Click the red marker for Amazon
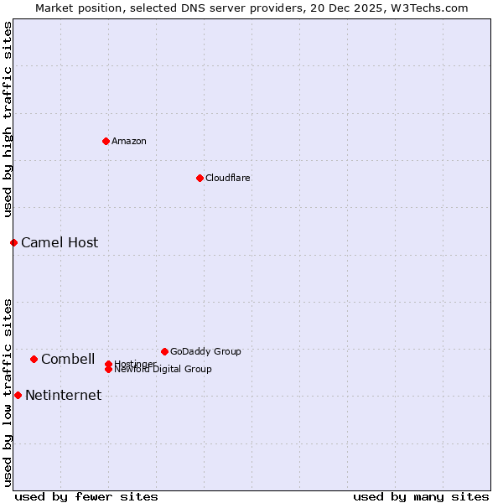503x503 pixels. coord(106,141)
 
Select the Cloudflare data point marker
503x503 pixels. coord(200,178)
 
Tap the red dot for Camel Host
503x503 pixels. coord(13,242)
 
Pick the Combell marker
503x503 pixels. coord(34,359)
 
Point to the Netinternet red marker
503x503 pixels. coord(18,395)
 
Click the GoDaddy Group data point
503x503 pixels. coord(164,351)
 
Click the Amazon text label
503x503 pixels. coord(129,141)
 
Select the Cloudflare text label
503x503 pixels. coord(228,178)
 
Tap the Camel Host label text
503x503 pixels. coord(60,243)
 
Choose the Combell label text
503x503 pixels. coord(68,360)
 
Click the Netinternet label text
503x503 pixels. coord(64,396)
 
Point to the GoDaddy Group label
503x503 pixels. coord(205,351)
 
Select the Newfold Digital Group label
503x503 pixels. coord(163,370)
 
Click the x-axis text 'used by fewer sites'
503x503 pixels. coord(86,496)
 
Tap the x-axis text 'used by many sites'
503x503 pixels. coord(421,496)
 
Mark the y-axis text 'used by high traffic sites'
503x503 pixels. coord(8,119)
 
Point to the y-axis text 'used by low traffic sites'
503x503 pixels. coord(8,392)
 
